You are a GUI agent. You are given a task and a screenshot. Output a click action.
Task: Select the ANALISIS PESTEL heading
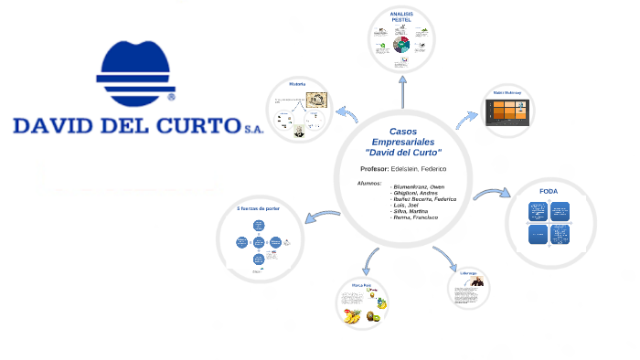click(402, 17)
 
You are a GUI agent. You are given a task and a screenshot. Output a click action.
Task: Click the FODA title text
click(549, 191)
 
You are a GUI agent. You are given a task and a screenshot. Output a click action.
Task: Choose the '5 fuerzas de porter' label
click(259, 209)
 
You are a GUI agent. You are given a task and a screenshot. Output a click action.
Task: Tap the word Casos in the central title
click(402, 132)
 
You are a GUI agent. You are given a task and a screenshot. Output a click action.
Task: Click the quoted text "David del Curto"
click(402, 152)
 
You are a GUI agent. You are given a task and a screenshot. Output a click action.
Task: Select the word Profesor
click(375, 169)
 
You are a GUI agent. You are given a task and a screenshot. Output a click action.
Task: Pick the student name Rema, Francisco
click(416, 217)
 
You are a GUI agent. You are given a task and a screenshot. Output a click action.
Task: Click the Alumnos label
click(369, 184)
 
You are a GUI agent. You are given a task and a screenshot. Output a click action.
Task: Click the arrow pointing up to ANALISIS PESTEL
click(402, 91)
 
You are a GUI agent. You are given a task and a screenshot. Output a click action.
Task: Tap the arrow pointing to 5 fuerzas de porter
click(323, 217)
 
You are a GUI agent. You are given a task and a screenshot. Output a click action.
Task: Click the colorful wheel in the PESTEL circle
click(401, 44)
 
